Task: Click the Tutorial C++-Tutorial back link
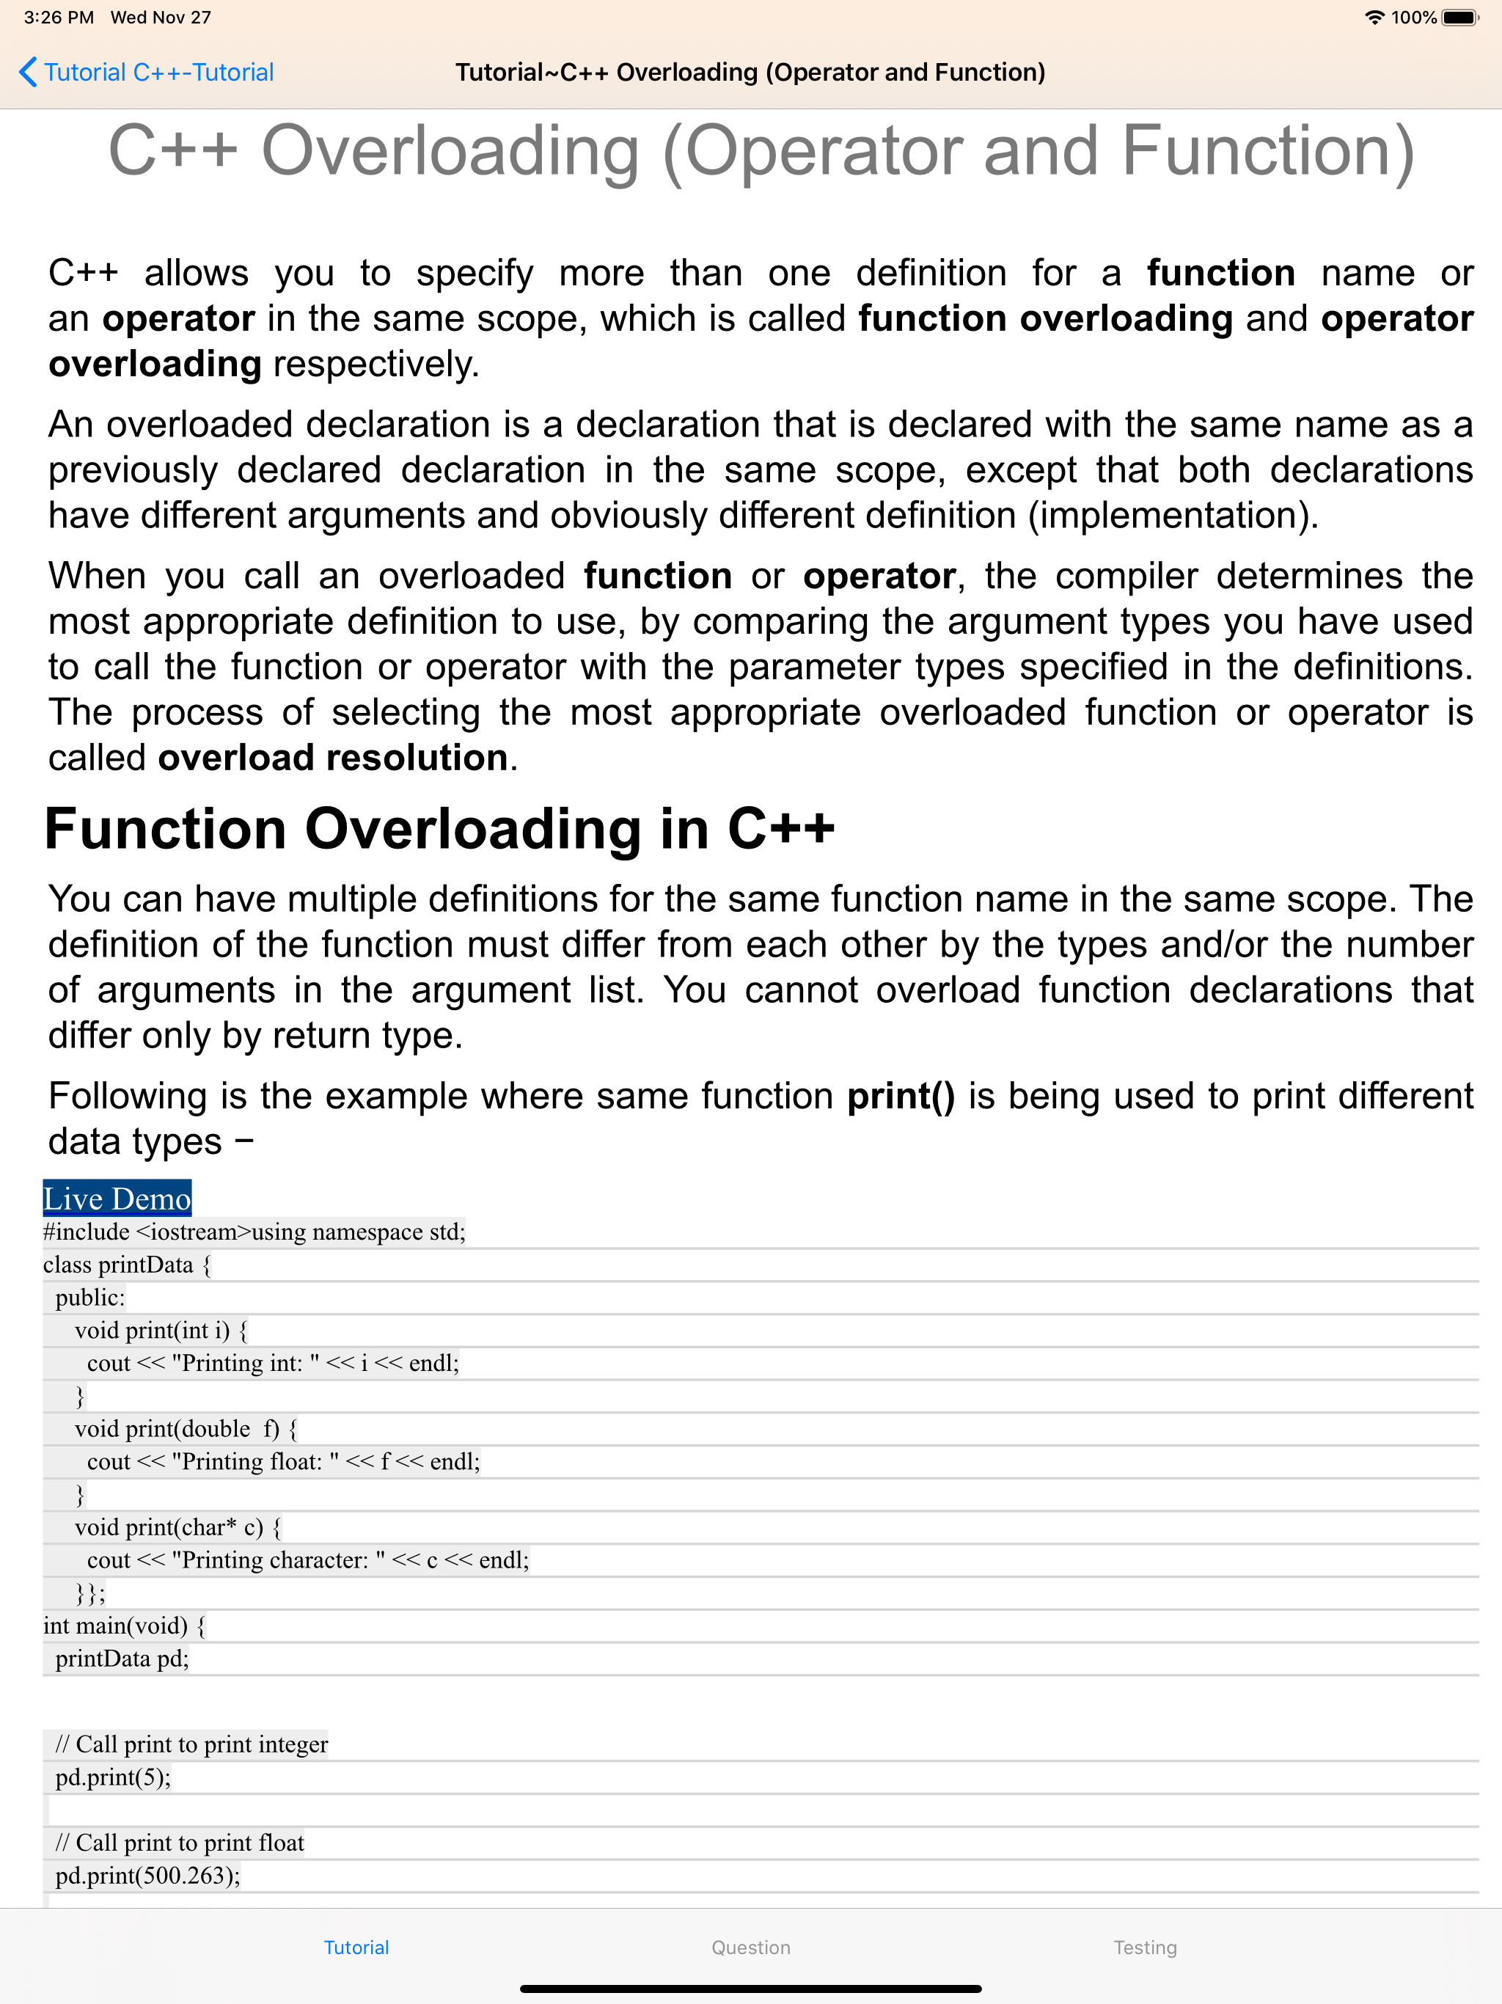click(158, 73)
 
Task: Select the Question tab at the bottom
click(750, 1947)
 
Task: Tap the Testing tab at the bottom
click(1144, 1947)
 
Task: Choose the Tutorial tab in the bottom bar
click(356, 1947)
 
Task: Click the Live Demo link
click(117, 1199)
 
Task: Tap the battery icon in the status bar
click(1459, 17)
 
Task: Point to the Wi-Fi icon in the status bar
click(1374, 17)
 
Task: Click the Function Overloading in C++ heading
click(439, 829)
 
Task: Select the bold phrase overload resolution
click(332, 758)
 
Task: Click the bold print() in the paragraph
click(901, 1096)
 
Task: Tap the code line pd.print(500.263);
click(147, 1876)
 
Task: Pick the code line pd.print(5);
click(113, 1777)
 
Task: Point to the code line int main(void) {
click(124, 1625)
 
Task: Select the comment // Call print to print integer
click(191, 1744)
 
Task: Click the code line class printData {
click(127, 1265)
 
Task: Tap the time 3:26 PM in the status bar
click(59, 17)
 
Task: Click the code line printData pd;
click(122, 1658)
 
